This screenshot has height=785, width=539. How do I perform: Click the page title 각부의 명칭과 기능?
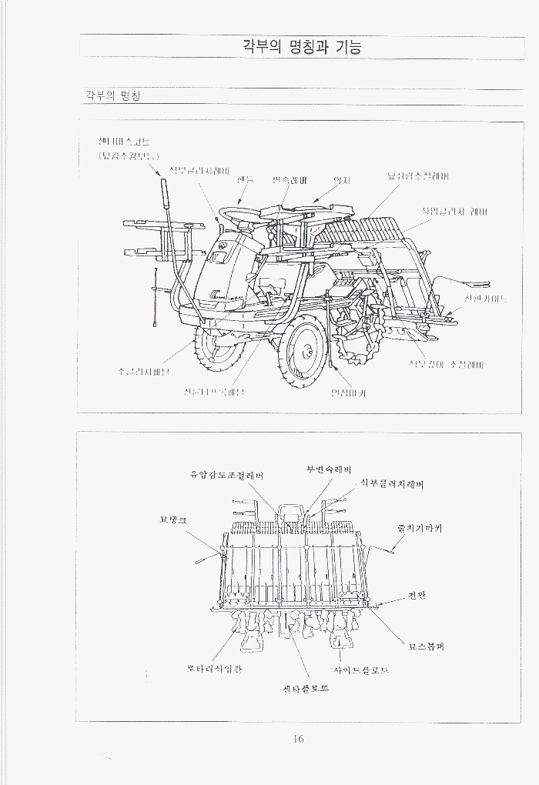point(300,47)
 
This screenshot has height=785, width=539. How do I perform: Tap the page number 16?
point(299,740)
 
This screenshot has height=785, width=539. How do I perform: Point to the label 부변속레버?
point(328,469)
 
